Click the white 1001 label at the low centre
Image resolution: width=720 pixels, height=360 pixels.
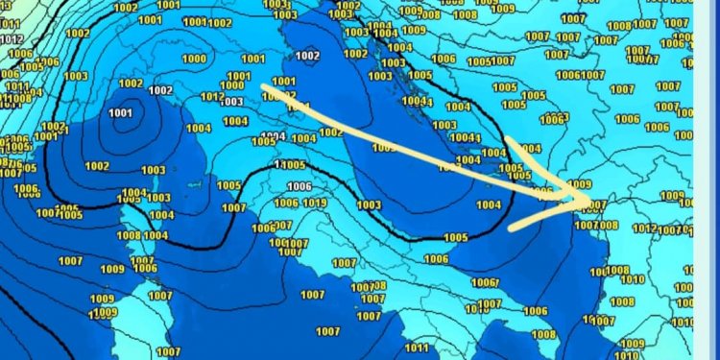tap(121, 113)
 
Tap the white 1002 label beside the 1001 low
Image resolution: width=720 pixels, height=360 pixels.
tap(131, 84)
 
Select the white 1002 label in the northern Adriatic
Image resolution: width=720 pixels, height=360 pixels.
tap(307, 56)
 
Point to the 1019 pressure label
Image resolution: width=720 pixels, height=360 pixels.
tap(314, 203)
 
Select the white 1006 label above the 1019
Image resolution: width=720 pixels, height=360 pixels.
tap(300, 186)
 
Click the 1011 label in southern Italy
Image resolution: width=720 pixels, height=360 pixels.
tap(417, 348)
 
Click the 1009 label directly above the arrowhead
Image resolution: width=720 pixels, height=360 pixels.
tap(580, 183)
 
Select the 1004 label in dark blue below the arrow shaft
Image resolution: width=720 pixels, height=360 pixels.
tap(488, 204)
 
